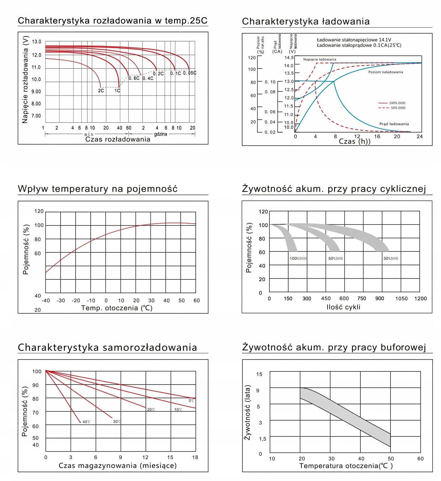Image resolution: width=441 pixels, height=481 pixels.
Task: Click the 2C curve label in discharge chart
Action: click(x=101, y=91)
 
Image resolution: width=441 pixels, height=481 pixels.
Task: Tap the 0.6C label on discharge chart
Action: click(x=134, y=78)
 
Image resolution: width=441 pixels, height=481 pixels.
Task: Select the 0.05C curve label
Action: click(x=190, y=73)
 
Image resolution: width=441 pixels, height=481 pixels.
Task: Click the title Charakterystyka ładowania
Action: click(x=306, y=21)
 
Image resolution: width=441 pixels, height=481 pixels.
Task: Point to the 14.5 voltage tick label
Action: click(x=289, y=58)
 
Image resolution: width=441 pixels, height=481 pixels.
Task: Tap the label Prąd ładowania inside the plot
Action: click(x=394, y=124)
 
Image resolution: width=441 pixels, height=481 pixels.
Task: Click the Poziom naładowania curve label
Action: click(x=385, y=72)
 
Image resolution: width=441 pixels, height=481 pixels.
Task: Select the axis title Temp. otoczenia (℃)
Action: click(x=117, y=308)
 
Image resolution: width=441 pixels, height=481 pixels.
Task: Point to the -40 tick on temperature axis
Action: click(x=46, y=301)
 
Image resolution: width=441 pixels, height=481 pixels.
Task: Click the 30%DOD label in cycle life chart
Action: click(x=391, y=259)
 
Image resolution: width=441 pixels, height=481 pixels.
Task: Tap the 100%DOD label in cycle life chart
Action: click(x=298, y=259)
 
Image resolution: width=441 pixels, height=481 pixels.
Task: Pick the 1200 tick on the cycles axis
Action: click(x=420, y=299)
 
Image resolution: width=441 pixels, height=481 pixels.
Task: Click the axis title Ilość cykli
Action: click(x=343, y=307)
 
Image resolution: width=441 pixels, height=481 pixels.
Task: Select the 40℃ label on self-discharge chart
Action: click(x=87, y=422)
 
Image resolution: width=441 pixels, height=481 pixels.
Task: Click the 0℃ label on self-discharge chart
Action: click(x=191, y=401)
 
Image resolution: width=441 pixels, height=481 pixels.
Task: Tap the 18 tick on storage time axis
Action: click(x=195, y=458)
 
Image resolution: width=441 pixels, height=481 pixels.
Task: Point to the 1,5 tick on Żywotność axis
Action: click(x=263, y=439)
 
